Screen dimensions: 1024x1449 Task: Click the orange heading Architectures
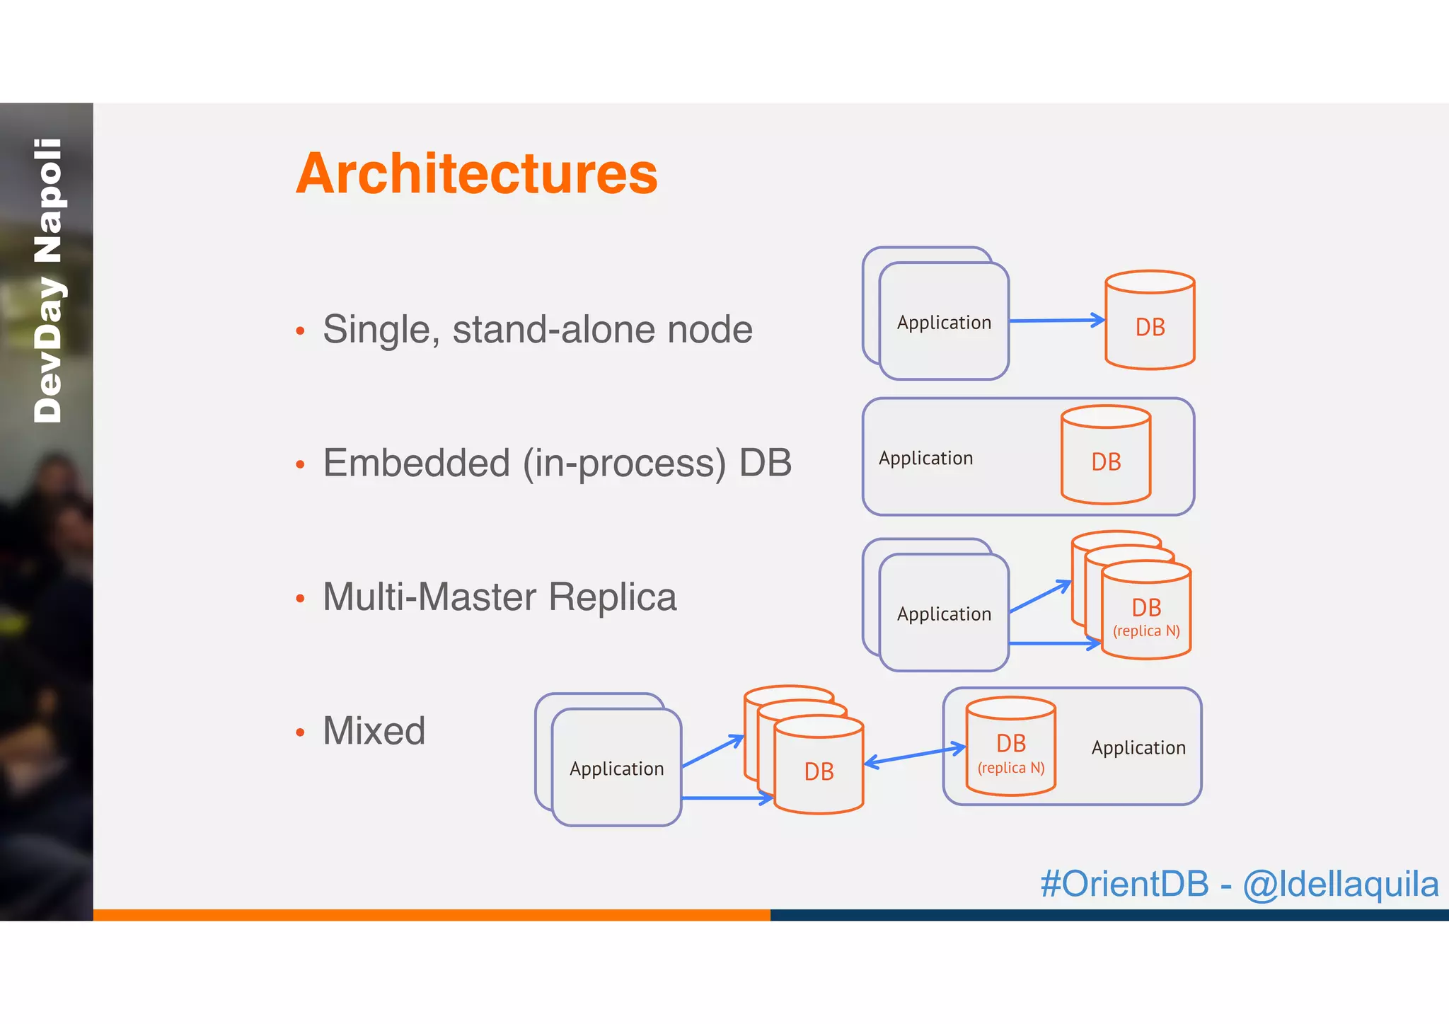point(476,173)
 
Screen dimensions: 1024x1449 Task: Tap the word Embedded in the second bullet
point(416,464)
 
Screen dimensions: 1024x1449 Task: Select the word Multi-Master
point(429,597)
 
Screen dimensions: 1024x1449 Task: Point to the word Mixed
point(374,730)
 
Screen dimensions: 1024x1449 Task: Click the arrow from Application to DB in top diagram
point(1056,321)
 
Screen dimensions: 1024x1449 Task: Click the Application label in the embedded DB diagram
point(925,459)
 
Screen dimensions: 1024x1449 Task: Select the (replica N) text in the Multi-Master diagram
point(1146,631)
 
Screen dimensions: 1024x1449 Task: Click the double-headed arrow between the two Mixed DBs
point(915,756)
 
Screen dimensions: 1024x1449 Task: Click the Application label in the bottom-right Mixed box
point(1138,748)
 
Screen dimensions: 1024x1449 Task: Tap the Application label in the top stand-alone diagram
point(944,323)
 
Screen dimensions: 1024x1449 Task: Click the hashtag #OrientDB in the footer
point(1124,884)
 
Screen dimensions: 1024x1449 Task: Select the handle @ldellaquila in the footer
point(1341,884)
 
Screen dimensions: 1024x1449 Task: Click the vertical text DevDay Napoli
point(48,281)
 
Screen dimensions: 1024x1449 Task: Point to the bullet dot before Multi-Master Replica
point(300,599)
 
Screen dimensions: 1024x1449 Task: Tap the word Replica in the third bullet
point(613,597)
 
